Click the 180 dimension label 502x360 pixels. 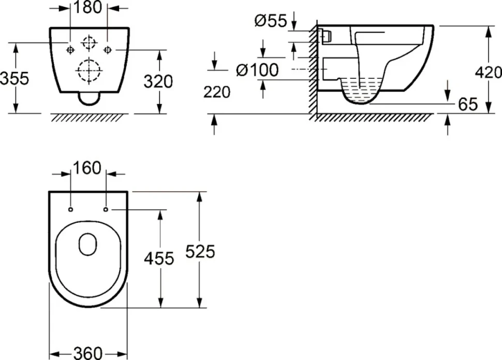tap(88, 7)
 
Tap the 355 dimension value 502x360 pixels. tap(14, 78)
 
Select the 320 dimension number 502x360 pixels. tap(158, 81)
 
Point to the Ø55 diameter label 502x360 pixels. tap(271, 21)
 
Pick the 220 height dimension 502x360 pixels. tap(217, 92)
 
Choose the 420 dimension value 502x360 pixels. tap(488, 73)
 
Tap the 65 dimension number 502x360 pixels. tap(468, 104)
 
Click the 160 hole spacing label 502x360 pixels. tap(87, 168)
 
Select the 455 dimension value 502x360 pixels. tap(159, 258)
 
